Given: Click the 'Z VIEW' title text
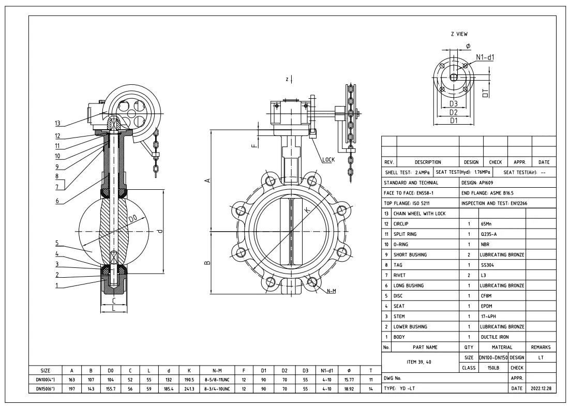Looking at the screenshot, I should click(x=459, y=34).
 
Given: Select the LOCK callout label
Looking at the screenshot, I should click(x=327, y=159).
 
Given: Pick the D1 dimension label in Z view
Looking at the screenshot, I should click(x=453, y=120).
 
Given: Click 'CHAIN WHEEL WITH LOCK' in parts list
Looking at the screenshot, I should click(x=419, y=214).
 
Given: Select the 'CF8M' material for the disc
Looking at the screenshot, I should click(x=487, y=296).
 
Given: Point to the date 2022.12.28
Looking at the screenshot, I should click(x=540, y=388).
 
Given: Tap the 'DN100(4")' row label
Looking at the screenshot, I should click(x=45, y=379).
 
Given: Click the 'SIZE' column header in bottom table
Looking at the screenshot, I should click(x=45, y=370).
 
